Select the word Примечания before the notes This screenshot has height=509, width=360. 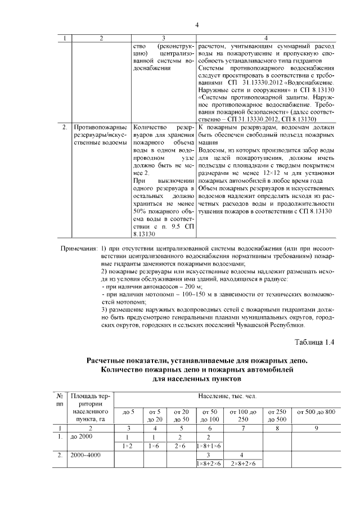(79, 249)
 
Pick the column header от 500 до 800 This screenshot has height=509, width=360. (316, 413)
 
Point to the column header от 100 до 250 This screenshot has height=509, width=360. (242, 416)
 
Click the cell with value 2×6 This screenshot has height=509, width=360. (182, 446)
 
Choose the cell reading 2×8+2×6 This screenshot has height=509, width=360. (242, 464)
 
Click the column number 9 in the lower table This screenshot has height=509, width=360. (316, 428)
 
